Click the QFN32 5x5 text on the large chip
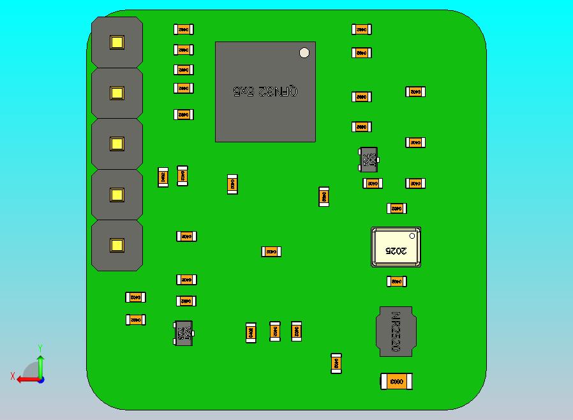point(265,91)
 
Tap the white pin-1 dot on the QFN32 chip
point(304,53)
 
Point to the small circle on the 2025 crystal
point(412,236)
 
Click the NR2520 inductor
point(396,331)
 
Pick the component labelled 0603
point(396,382)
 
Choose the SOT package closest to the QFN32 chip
point(369,160)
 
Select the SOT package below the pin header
point(183,333)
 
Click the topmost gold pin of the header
point(117,43)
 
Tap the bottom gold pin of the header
point(117,245)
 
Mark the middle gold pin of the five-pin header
point(117,144)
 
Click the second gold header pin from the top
point(117,93)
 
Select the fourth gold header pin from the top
point(117,194)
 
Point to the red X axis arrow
point(24,379)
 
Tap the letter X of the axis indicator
point(13,376)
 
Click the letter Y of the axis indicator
point(40,348)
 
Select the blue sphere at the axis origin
point(41,380)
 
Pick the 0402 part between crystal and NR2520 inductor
point(396,281)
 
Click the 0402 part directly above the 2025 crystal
point(396,208)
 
